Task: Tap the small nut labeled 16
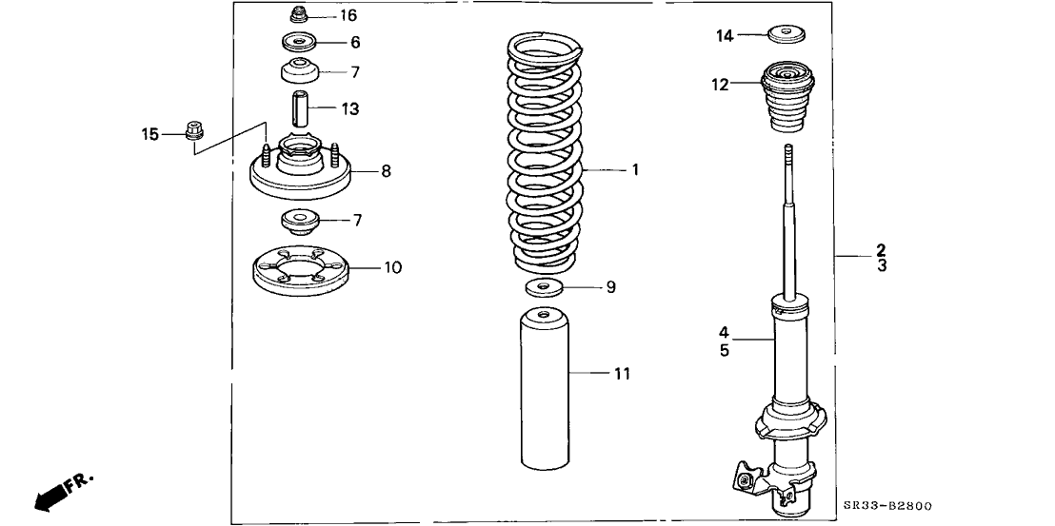[x=297, y=15]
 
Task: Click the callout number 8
[x=386, y=171]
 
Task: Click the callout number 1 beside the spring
[x=633, y=170]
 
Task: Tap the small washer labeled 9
[x=543, y=287]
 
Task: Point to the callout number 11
[x=621, y=374]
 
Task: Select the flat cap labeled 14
[x=786, y=36]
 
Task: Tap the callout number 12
[x=719, y=85]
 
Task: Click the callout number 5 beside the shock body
[x=724, y=350]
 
